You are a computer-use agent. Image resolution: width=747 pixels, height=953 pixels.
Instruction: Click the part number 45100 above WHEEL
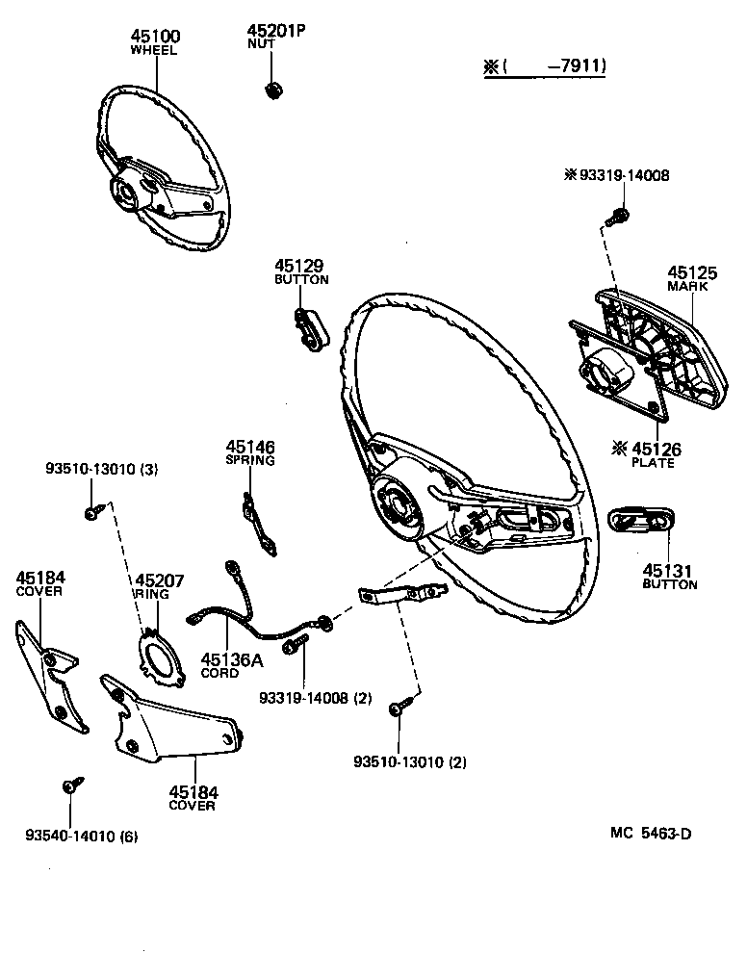[155, 37]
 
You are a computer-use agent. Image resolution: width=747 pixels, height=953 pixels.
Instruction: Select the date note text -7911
[577, 66]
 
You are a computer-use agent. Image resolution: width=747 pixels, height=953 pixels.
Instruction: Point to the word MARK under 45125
[686, 286]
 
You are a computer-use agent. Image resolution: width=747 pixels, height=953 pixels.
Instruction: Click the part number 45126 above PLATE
[654, 448]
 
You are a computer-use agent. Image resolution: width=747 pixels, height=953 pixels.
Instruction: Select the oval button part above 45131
[644, 520]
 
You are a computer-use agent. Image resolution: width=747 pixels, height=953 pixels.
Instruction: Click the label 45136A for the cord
[231, 659]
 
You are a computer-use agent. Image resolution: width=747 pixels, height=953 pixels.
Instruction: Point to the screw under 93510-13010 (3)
[92, 512]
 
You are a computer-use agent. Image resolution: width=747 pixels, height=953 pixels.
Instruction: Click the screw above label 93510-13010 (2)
[398, 708]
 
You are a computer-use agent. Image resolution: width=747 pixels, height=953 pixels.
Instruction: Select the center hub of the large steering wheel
[396, 501]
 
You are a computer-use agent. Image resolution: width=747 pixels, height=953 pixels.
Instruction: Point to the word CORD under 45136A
[219, 673]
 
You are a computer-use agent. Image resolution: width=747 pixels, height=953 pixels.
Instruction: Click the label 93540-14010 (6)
[81, 837]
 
